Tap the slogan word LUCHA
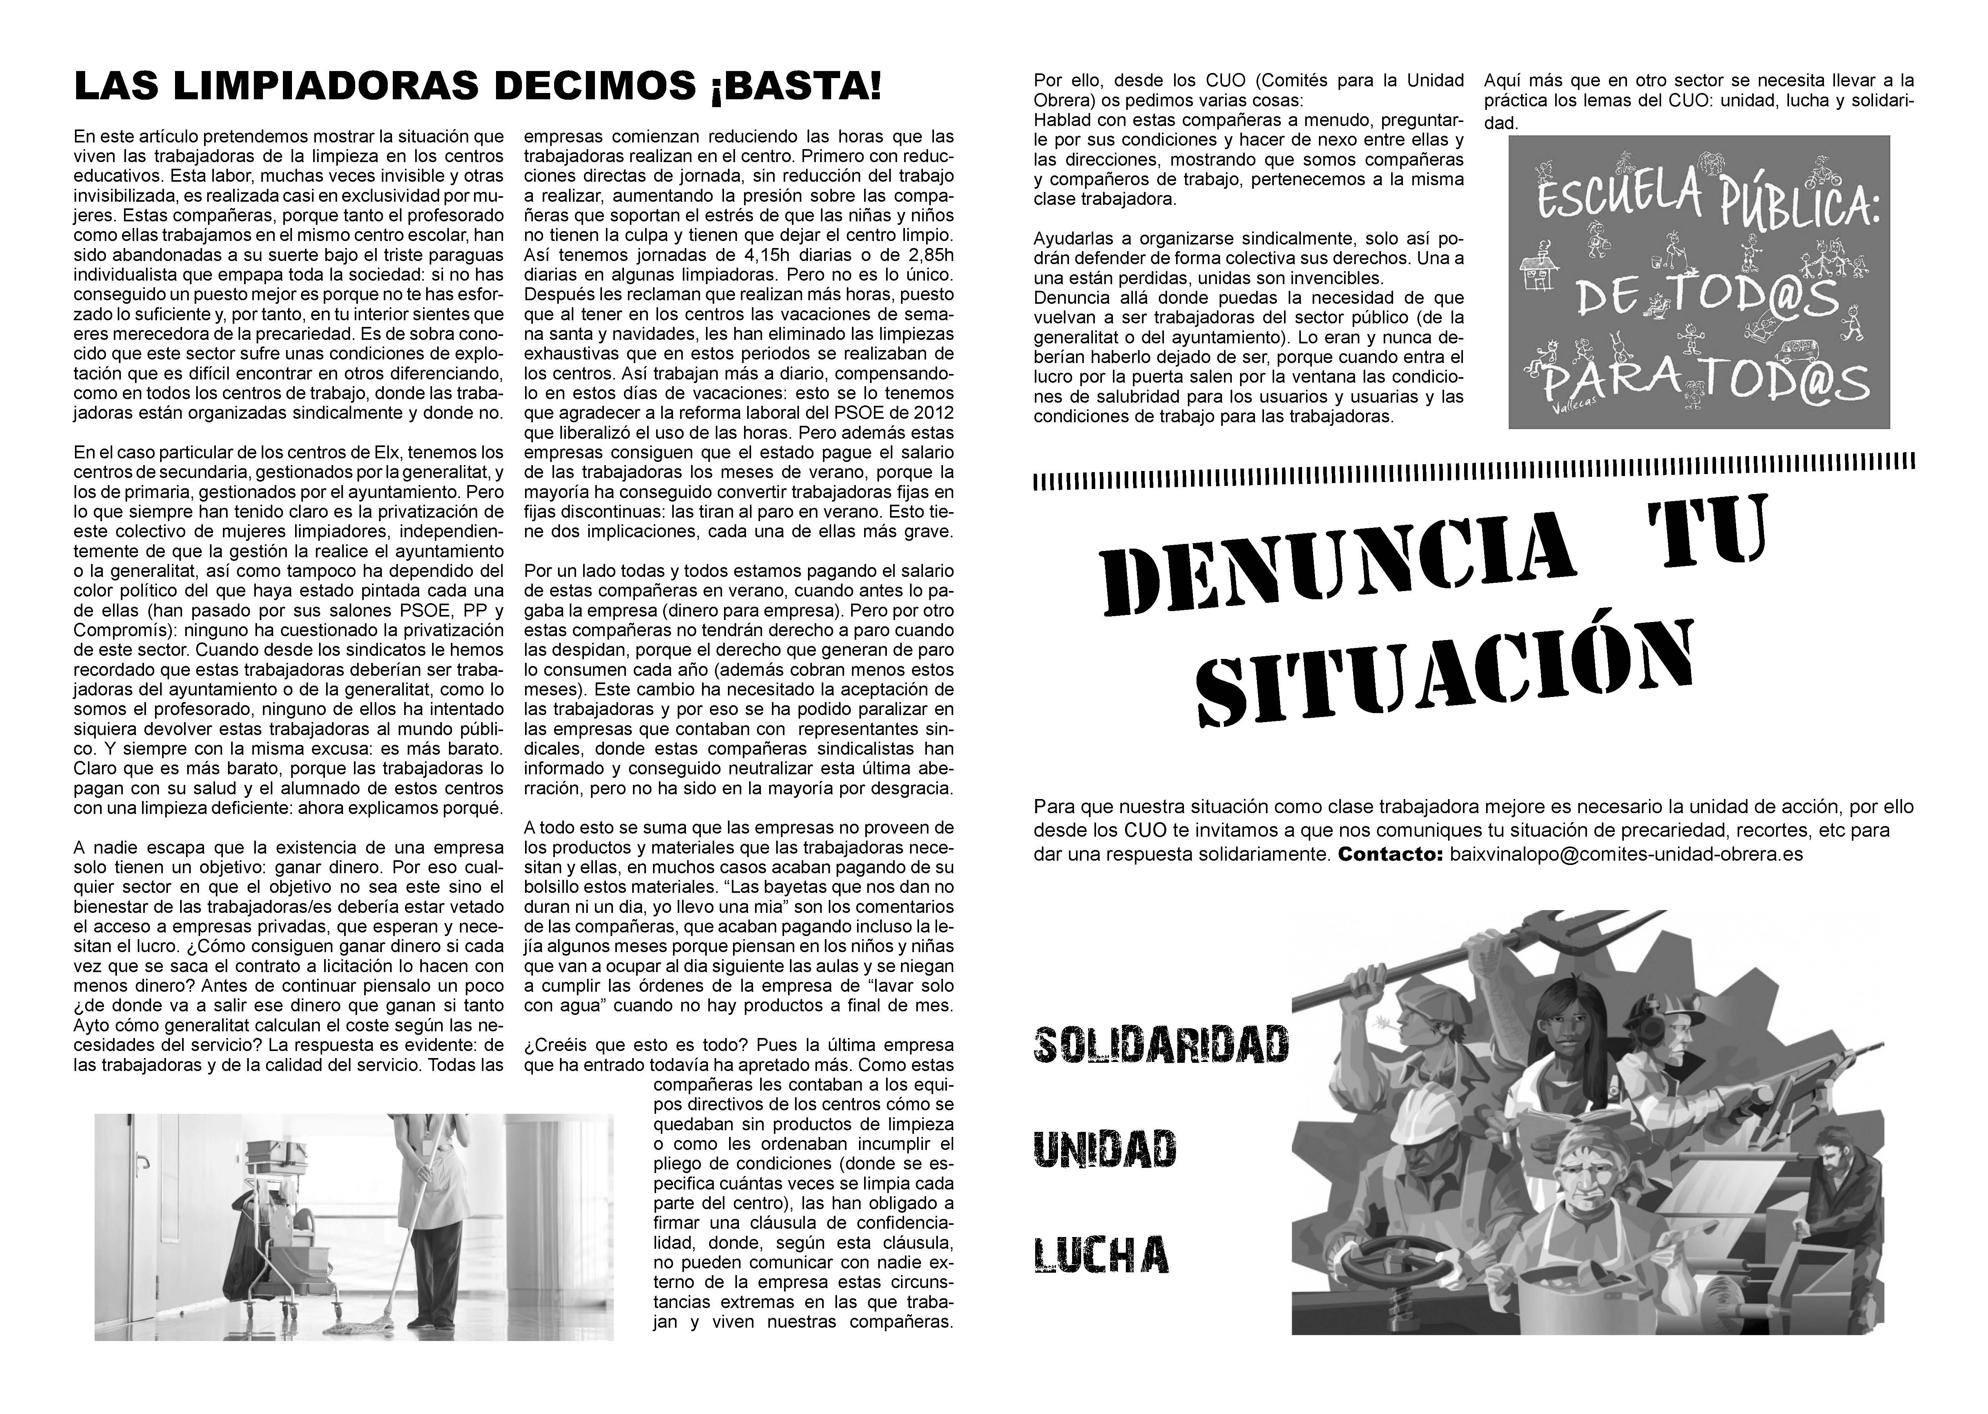click(x=1101, y=1254)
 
